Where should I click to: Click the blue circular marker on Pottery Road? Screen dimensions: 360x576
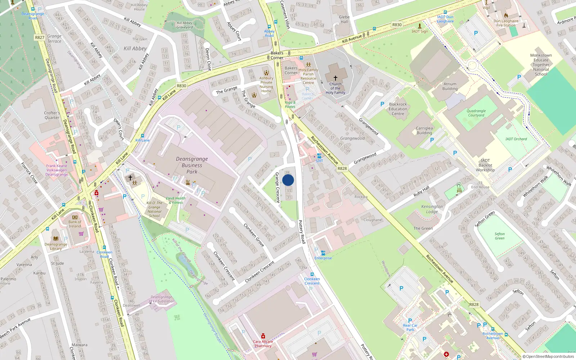[288, 180]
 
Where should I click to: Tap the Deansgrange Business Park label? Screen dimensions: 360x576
[192, 165]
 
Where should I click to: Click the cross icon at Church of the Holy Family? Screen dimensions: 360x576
[335, 78]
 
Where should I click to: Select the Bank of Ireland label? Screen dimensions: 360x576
[75, 224]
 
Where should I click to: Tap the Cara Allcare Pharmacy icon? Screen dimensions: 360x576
[263, 336]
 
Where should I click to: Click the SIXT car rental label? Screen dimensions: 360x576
[319, 161]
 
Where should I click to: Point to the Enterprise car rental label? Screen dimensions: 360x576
[323, 258]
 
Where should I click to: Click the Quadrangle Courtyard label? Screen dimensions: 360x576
[476, 113]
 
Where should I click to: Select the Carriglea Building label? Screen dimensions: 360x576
[424, 130]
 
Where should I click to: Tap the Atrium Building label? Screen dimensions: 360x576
[450, 86]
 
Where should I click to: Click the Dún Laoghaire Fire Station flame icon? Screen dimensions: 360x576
[506, 15]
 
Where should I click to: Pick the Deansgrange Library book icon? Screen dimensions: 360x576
[56, 238]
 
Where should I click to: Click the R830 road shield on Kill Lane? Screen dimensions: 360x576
[181, 86]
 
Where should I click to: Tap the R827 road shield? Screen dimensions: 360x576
[40, 37]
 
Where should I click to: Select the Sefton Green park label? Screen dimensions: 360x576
[499, 236]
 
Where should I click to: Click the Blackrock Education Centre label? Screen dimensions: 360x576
[398, 109]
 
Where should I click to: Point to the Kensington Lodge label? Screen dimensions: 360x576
[432, 209]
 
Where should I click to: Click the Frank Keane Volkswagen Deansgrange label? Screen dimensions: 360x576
[57, 170]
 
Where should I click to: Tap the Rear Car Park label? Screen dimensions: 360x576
[410, 328]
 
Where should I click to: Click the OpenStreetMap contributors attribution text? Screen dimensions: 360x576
[548, 357]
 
